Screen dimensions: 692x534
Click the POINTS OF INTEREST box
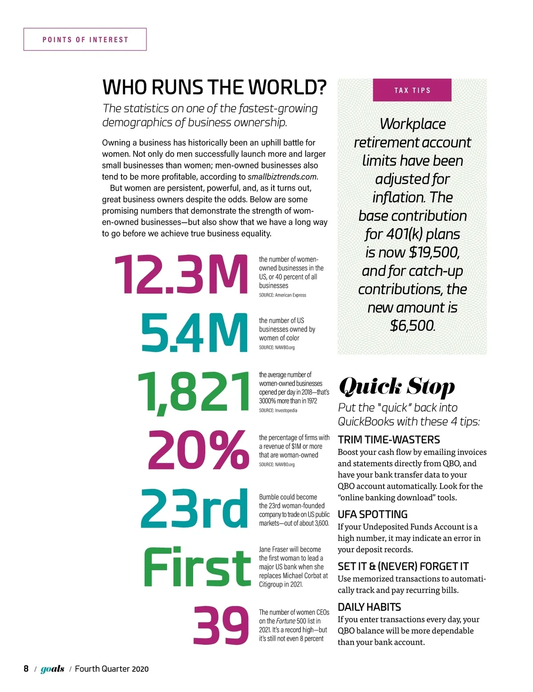coord(85,40)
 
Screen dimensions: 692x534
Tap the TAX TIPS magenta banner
coord(412,90)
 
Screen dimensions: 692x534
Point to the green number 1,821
coord(193,392)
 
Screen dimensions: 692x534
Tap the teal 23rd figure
coord(194,508)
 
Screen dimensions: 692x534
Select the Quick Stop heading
coord(396,387)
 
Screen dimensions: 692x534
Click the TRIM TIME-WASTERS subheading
coord(388,440)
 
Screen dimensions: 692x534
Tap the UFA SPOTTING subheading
coord(372,514)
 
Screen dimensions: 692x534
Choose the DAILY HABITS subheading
coord(369,607)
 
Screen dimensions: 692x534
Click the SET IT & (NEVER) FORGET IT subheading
coord(403,566)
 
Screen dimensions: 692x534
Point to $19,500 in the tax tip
coord(434,253)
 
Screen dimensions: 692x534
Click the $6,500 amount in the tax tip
coord(412,326)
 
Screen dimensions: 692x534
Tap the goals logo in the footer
coord(53,669)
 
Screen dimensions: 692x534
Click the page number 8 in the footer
coord(26,669)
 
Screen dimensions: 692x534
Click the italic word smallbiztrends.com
coord(282,177)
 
